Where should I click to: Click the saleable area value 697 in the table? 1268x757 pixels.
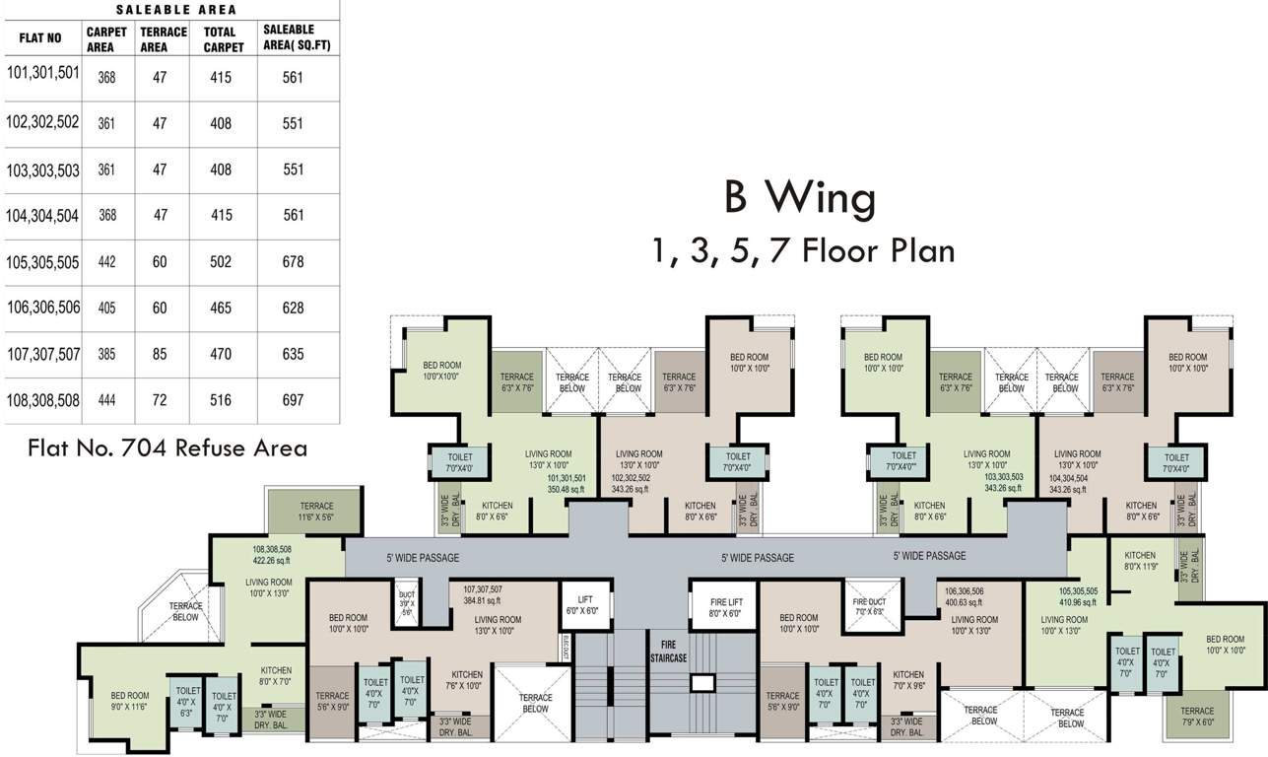[292, 400]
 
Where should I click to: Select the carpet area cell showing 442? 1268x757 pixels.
[106, 262]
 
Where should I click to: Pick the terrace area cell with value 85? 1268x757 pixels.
[160, 354]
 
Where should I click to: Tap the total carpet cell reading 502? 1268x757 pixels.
[221, 262]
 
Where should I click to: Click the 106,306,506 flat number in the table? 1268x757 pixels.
[42, 308]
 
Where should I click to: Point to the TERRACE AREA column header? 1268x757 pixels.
[164, 38]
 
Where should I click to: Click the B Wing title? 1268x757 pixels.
[800, 199]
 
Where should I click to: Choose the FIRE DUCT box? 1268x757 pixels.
[870, 605]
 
